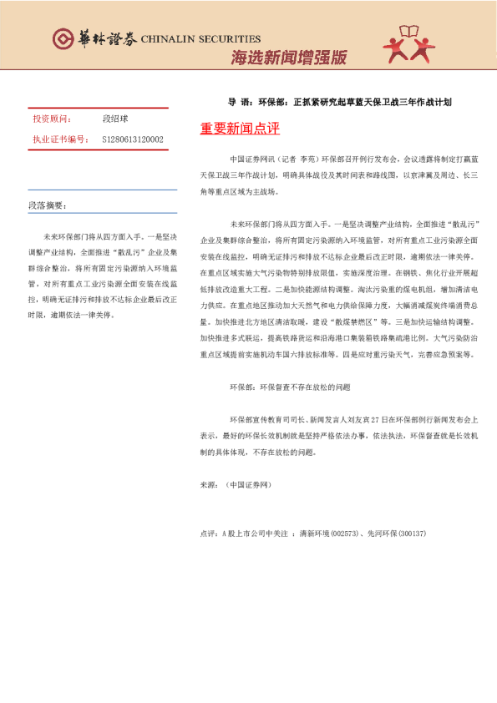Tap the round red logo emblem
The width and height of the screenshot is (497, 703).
[x=63, y=38]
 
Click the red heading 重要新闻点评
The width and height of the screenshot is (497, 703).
[x=240, y=129]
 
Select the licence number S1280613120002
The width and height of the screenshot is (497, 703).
[x=133, y=139]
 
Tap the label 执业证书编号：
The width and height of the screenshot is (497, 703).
[x=59, y=139]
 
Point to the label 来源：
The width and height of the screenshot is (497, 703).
[x=210, y=484]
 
